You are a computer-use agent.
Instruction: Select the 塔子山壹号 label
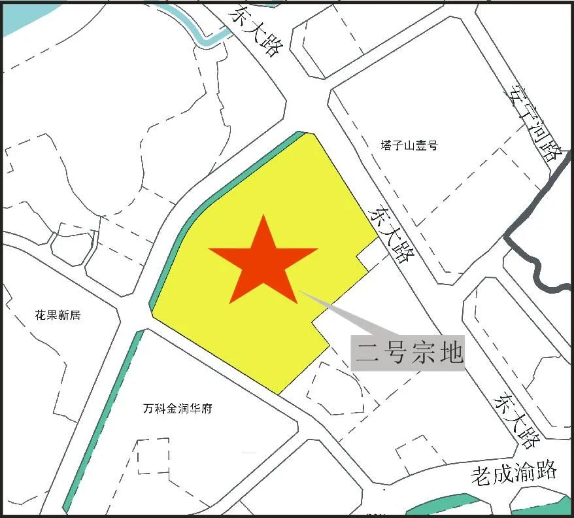409,145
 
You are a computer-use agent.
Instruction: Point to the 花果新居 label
58,315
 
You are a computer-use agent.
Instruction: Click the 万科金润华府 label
177,409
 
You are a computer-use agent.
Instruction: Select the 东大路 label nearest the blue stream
256,31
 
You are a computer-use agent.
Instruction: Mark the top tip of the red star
263,216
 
